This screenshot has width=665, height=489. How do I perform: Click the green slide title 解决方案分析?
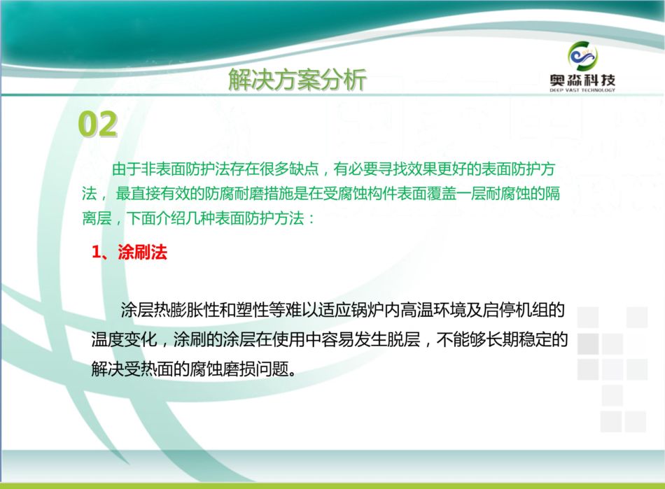(x=297, y=80)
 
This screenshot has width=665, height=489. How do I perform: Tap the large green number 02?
(x=97, y=124)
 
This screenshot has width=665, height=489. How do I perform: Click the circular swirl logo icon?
(x=582, y=56)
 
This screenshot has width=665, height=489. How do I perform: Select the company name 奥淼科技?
(x=582, y=79)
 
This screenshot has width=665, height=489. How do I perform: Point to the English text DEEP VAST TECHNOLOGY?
(x=582, y=90)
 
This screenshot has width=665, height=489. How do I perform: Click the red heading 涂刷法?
(x=143, y=252)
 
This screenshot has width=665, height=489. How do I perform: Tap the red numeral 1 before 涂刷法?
(x=97, y=253)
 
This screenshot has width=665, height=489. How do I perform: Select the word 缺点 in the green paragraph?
(x=304, y=169)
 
